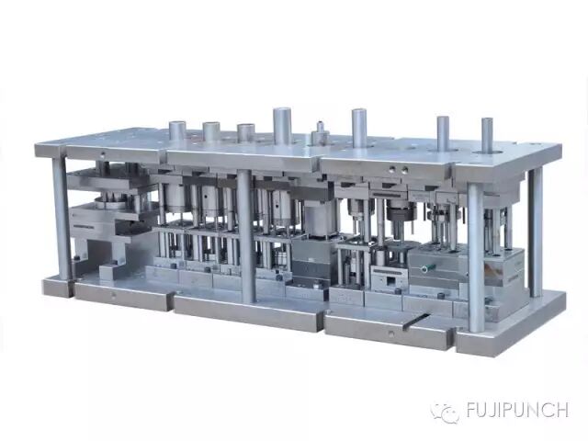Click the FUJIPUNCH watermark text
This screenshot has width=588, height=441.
pos(517,410)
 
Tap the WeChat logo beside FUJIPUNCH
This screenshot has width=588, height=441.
pos(445,412)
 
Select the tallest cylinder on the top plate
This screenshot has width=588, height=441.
pos(282,126)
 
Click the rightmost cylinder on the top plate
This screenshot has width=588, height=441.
pos(487,135)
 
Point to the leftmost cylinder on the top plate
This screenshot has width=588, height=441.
pos(177,130)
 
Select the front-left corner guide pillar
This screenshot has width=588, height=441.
pos(62,219)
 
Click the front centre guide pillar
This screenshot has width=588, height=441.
pos(246,236)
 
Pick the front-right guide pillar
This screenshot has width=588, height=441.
pos(475,258)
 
